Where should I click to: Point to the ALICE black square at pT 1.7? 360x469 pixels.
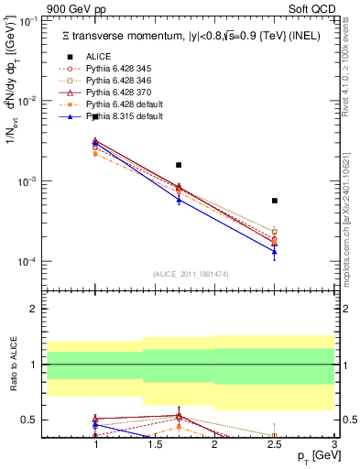click(x=179, y=165)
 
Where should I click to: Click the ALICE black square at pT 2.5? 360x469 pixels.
click(x=274, y=201)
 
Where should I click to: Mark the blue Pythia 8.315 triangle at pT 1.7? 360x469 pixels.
click(x=179, y=199)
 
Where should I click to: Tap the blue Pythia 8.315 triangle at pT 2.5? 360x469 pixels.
click(x=274, y=251)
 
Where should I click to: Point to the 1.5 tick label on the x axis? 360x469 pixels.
click(x=155, y=443)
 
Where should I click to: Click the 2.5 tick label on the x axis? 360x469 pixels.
click(x=274, y=443)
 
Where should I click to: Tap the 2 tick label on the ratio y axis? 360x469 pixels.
click(x=37, y=309)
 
